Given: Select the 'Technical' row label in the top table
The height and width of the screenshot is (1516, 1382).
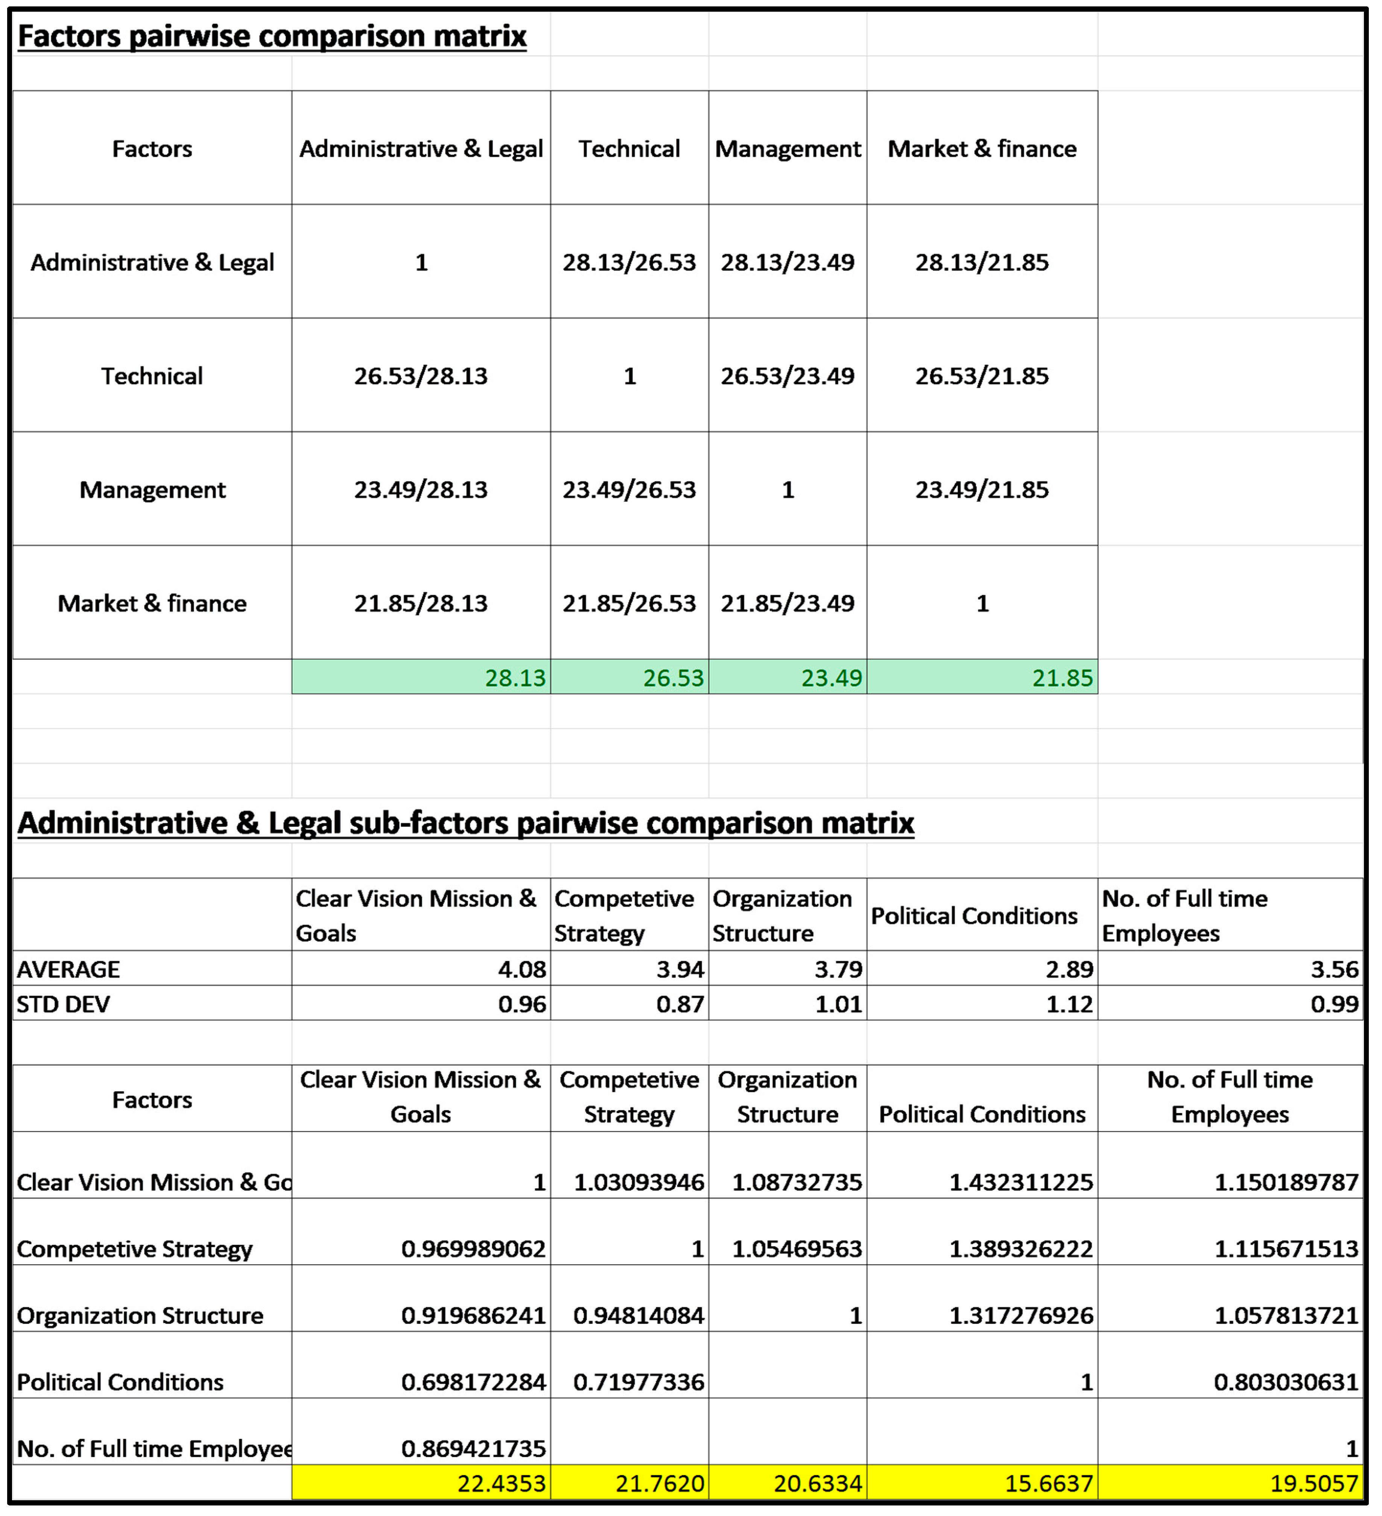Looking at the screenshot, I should coord(152,376).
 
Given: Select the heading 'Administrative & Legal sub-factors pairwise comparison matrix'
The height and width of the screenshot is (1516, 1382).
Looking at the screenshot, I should coord(466,823).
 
